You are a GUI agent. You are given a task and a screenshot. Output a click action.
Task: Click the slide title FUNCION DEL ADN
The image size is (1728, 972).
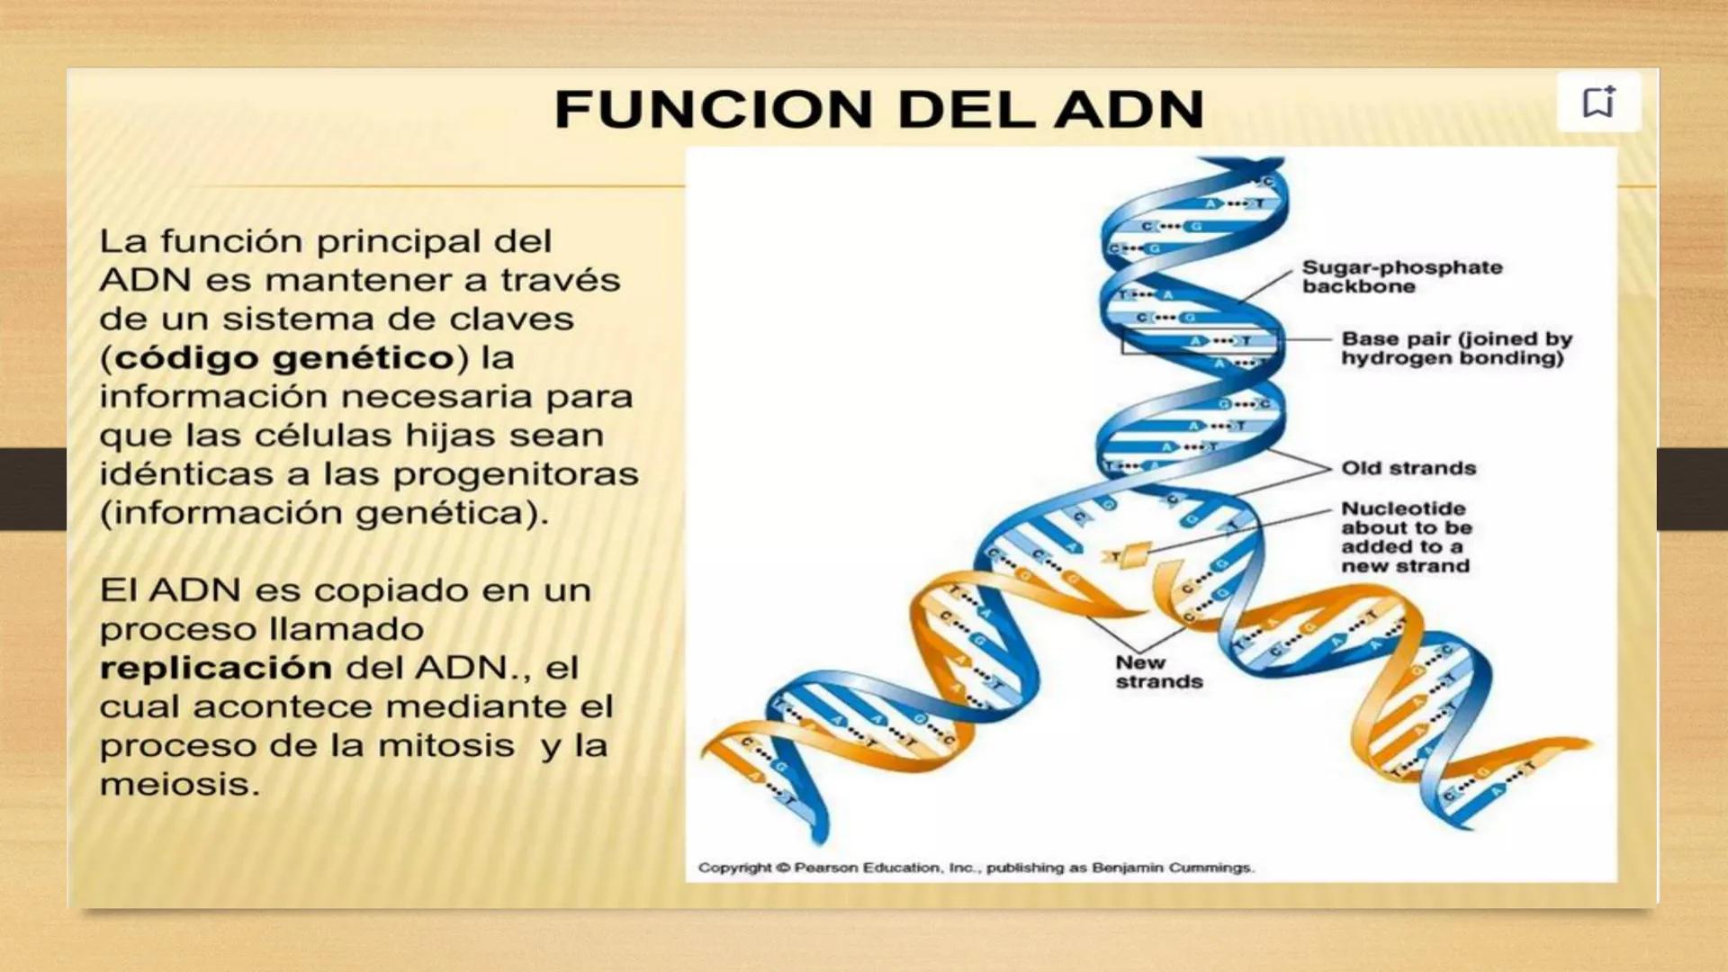click(x=878, y=110)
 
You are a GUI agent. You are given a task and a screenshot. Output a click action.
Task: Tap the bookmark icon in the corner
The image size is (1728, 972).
click(x=1598, y=103)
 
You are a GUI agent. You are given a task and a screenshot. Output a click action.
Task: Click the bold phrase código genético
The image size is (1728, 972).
click(x=284, y=358)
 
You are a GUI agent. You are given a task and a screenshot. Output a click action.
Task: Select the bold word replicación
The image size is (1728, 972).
click(x=216, y=668)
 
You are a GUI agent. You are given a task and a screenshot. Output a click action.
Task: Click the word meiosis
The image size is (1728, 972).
click(x=178, y=785)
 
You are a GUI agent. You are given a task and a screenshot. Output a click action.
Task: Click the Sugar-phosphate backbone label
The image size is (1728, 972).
click(x=1401, y=276)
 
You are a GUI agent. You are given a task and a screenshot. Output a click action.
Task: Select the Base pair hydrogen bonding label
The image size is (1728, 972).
click(x=1455, y=348)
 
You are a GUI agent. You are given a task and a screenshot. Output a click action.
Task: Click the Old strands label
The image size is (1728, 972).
click(x=1408, y=468)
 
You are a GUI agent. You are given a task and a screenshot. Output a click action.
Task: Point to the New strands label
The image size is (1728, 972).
click(x=1158, y=672)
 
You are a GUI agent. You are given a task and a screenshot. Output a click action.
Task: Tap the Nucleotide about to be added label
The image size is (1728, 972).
click(x=1405, y=537)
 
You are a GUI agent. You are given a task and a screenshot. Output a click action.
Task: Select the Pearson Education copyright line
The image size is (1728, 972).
click(x=976, y=868)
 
